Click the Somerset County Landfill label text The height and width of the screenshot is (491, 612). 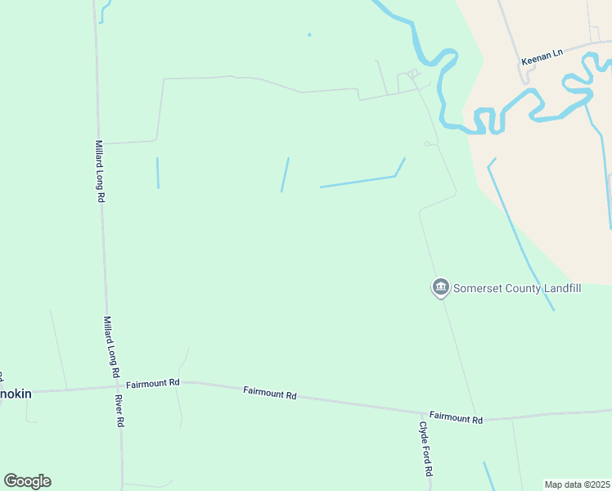pos(517,287)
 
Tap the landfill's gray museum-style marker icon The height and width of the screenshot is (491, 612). pos(440,287)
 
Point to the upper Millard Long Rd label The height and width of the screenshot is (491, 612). pos(99,171)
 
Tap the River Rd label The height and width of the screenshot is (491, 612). pos(119,411)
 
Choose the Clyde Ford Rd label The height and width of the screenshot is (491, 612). pos(425,449)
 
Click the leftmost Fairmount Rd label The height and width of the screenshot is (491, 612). pos(153,382)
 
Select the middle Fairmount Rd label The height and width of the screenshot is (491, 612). pos(269,393)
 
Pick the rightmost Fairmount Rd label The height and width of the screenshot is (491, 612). pos(456,417)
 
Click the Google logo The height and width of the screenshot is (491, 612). pos(27,481)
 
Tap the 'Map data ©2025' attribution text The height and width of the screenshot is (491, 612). pos(577,484)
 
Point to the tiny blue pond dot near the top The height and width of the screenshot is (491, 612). pos(309,34)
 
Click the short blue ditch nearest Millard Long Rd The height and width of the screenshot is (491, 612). pos(157,173)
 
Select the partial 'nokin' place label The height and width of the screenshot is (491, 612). pos(16,394)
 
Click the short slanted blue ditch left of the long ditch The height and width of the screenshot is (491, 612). pos(285,174)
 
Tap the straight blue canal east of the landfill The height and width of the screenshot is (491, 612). pos(520,234)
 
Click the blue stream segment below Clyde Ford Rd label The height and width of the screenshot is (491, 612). pos(488,475)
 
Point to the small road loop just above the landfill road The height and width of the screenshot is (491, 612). pos(428,144)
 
